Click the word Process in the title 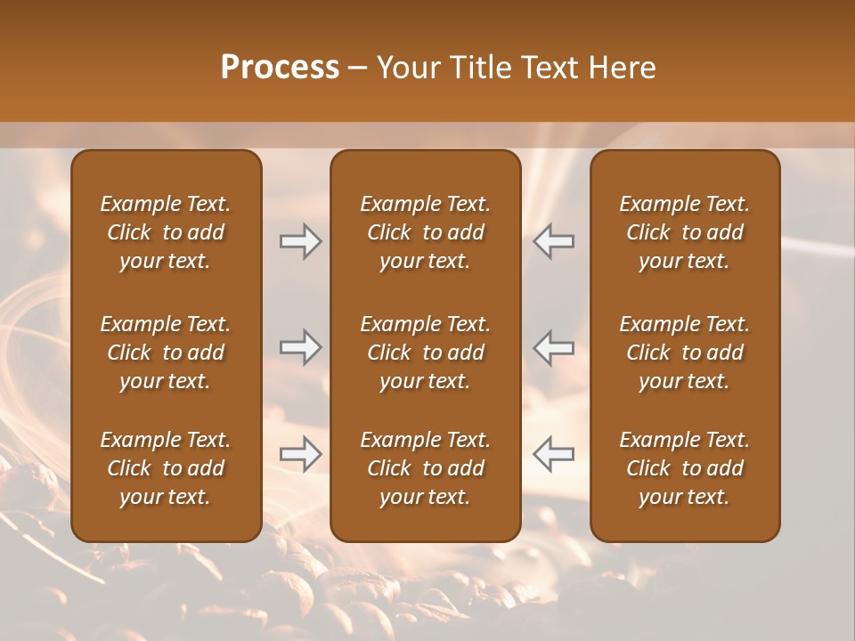tap(280, 68)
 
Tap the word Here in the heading tap(620, 68)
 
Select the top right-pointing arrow tap(301, 241)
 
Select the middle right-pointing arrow tap(301, 347)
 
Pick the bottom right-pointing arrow tap(301, 454)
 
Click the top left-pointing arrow tap(553, 241)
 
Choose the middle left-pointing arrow tap(553, 347)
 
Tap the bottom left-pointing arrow tap(553, 454)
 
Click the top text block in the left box tap(166, 232)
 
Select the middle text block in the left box tap(166, 353)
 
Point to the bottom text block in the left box tap(166, 468)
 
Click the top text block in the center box tap(425, 232)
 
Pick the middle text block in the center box tap(425, 353)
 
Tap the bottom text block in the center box tap(425, 468)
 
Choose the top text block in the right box tap(684, 232)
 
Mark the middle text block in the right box tap(684, 353)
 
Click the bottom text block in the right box tap(684, 468)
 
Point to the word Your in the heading tap(407, 68)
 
